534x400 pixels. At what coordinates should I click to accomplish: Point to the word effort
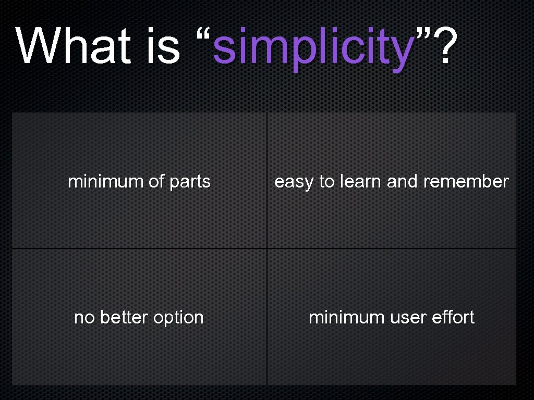453,317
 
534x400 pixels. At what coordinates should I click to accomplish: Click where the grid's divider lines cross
267,248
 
